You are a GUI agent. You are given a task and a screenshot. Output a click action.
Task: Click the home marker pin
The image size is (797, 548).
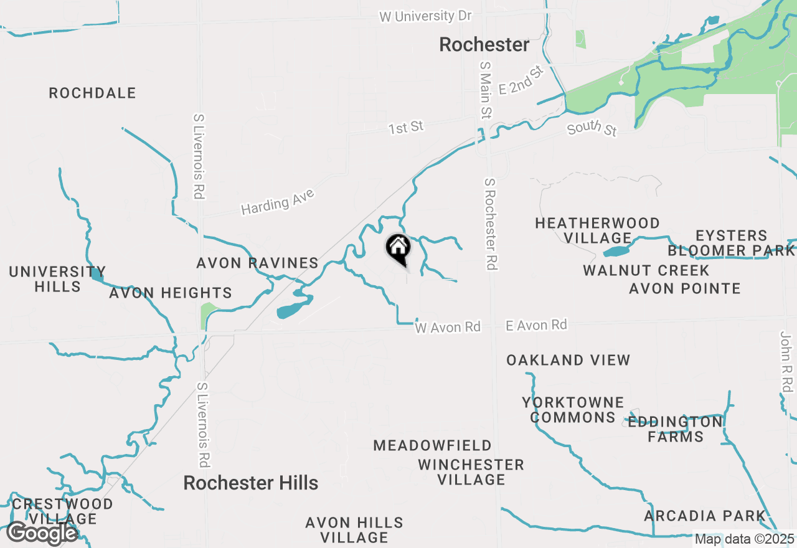[x=398, y=248]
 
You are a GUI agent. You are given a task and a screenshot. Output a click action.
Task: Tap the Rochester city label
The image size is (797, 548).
[x=484, y=45]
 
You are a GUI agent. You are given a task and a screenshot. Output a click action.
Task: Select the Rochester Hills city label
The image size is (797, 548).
[x=250, y=483]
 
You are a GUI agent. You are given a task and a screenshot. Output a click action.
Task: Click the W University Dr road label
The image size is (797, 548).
[x=425, y=16]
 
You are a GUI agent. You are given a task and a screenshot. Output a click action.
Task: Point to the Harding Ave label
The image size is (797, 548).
[x=278, y=202]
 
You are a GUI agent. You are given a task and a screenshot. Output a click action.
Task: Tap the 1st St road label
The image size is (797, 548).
[x=406, y=128]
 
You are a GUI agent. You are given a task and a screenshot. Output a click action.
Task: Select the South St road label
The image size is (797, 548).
[x=592, y=128]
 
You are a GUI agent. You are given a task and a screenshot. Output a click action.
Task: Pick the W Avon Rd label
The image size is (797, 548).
[x=448, y=327]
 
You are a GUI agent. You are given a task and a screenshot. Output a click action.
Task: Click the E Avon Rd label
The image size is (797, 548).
[x=536, y=325]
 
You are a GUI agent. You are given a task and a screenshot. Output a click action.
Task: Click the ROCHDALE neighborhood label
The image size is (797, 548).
[x=92, y=93]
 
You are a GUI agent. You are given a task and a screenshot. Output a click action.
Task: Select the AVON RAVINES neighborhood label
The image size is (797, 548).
[x=257, y=263]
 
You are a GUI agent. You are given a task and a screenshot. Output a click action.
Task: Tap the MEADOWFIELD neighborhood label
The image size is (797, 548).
[x=432, y=446]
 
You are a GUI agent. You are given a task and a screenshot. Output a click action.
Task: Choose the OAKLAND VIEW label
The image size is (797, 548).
[x=568, y=360]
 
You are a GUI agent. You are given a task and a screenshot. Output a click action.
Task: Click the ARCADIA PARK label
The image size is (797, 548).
[x=705, y=516]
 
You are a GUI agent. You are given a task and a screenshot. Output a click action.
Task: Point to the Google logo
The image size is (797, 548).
[x=42, y=533]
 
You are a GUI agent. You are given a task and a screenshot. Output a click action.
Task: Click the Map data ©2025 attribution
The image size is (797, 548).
[x=744, y=539]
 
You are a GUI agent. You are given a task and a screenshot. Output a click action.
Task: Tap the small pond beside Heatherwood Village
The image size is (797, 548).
[x=616, y=252]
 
